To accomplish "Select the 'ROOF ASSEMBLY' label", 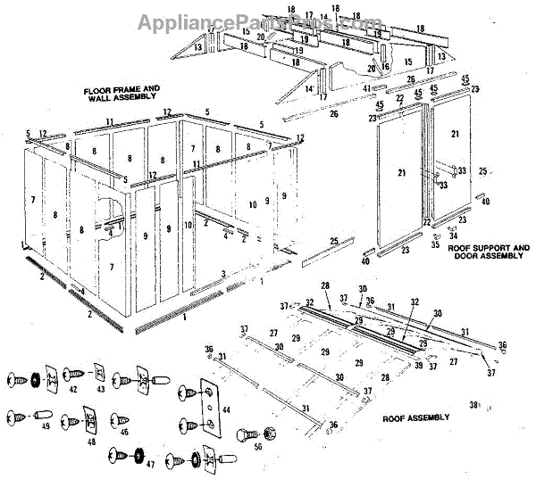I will click(x=416, y=417).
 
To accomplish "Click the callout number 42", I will click(x=73, y=390).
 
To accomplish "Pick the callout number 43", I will click(x=100, y=390).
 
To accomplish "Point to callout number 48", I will click(x=92, y=441).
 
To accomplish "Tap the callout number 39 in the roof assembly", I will click(x=416, y=365).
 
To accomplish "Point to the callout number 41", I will click(x=367, y=88).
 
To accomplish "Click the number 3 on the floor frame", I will click(x=222, y=273).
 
